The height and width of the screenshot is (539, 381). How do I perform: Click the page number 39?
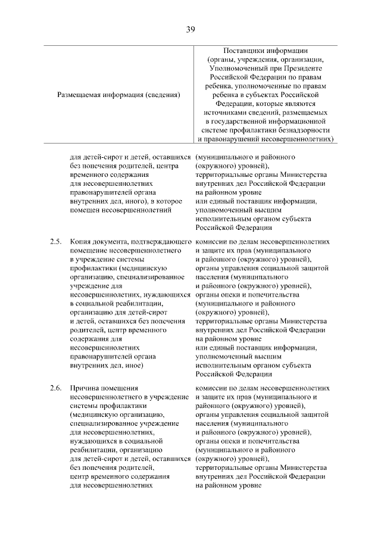coord(190,29)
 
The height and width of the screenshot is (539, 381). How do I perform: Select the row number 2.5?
coord(55,242)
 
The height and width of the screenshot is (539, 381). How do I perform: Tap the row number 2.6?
coord(55,388)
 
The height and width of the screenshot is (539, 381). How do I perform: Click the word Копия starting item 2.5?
coord(81,242)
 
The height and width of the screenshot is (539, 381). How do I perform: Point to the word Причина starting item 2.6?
coord(86,388)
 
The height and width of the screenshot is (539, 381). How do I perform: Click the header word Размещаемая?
coord(82,94)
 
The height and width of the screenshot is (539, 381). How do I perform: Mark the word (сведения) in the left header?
coord(163,94)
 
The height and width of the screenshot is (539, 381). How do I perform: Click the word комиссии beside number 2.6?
coord(213,388)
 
